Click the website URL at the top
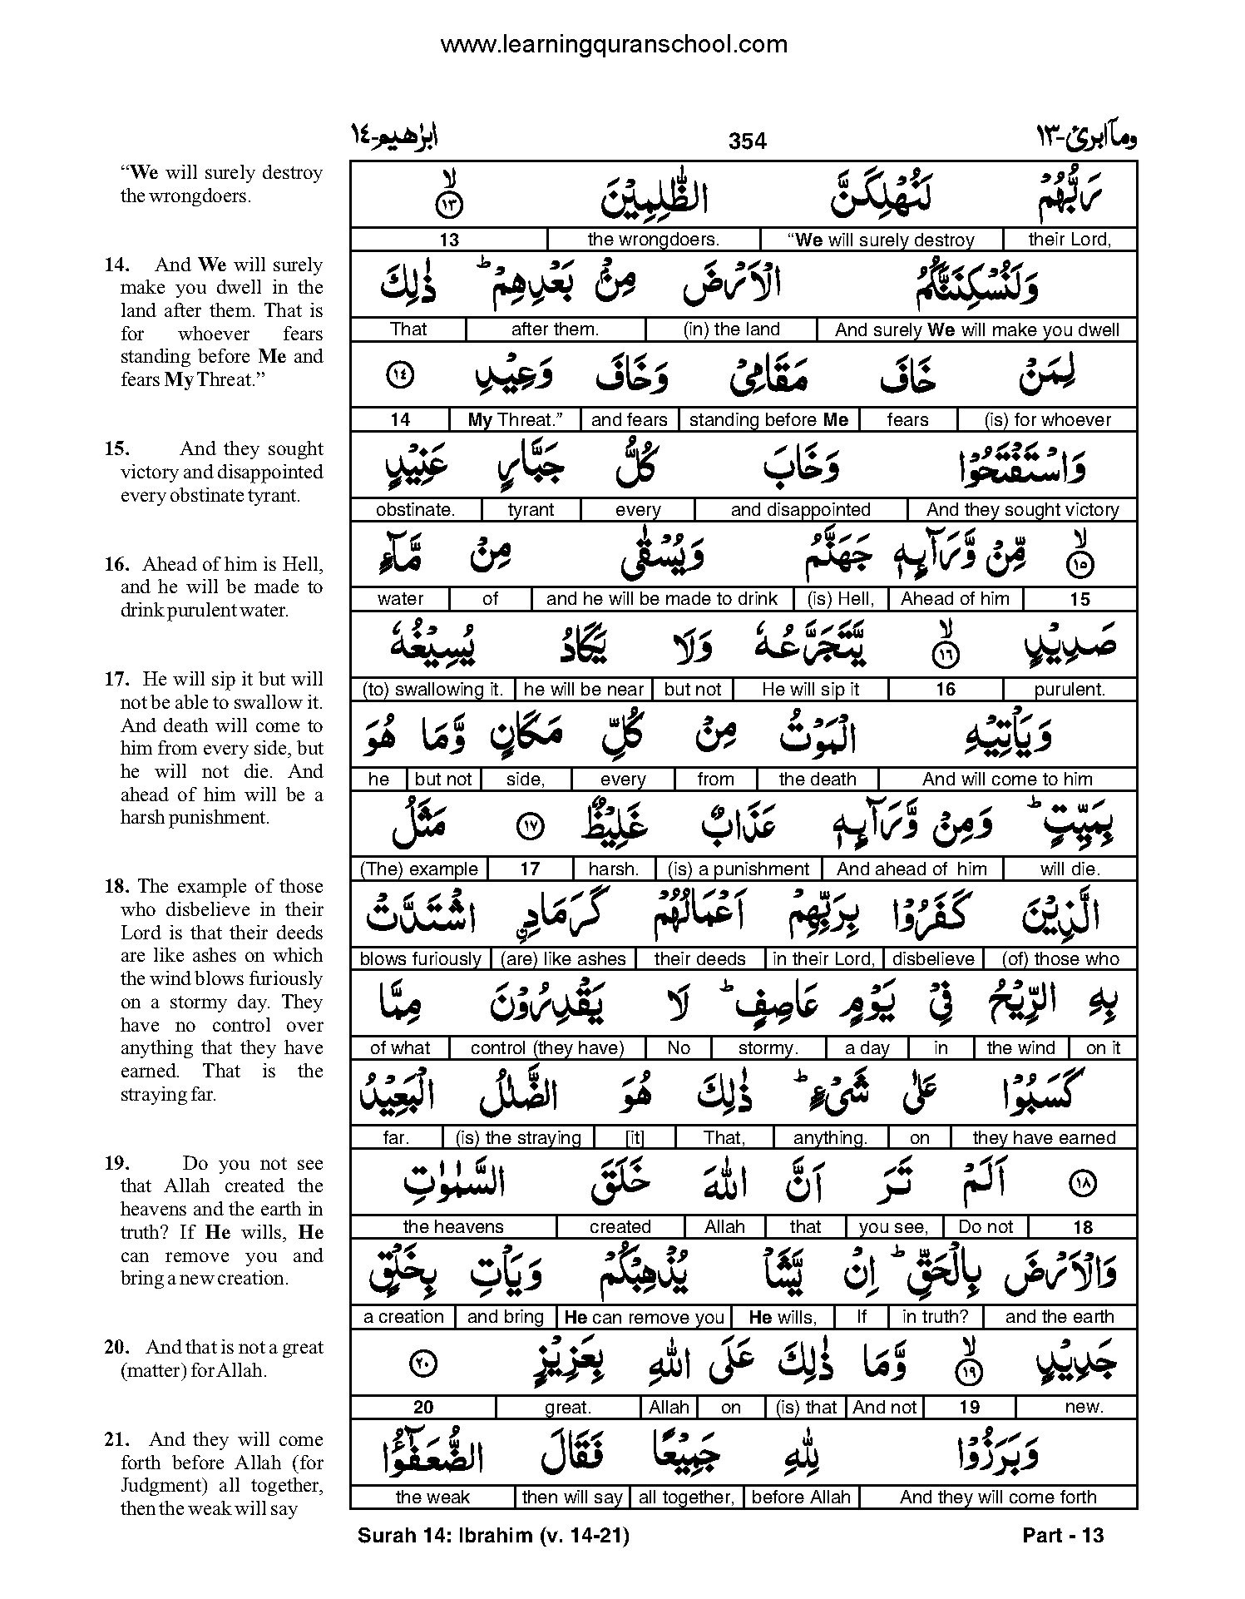[x=614, y=44]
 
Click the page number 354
[x=747, y=141]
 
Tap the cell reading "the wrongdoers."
[x=653, y=240]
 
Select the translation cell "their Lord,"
[x=1070, y=240]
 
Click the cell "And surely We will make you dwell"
[x=976, y=329]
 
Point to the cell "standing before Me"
[x=768, y=420]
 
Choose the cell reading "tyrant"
[x=531, y=510]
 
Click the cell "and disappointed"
[x=800, y=510]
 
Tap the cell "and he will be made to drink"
[x=661, y=599]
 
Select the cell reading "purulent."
[x=1070, y=690]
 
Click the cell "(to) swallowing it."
[x=432, y=690]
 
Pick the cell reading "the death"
[x=818, y=780]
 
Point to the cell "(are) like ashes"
[x=563, y=958]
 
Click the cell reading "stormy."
[x=768, y=1048]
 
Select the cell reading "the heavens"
[x=453, y=1227]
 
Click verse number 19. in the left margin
[x=116, y=1163]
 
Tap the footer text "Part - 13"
[x=1063, y=1535]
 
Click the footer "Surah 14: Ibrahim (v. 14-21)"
[x=493, y=1535]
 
